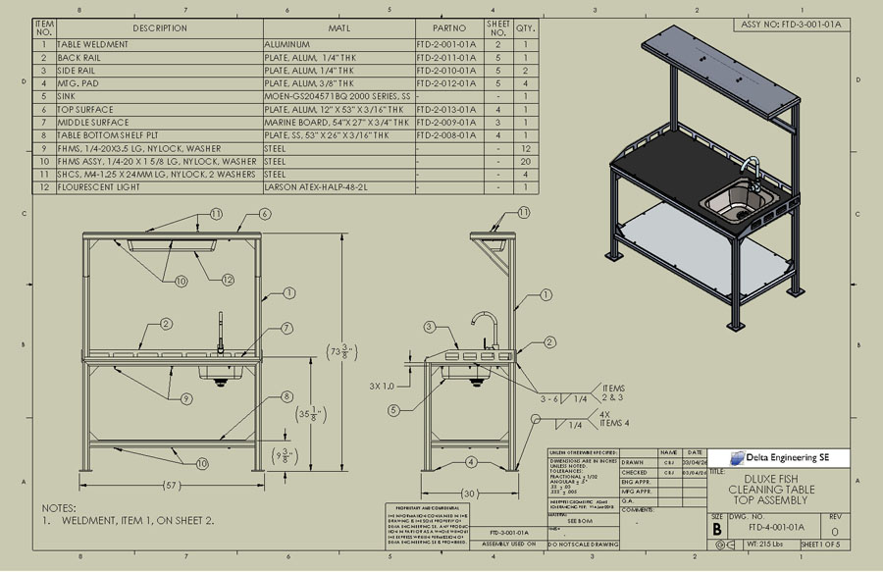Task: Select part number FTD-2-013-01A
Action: click(446, 110)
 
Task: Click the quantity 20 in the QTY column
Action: click(526, 161)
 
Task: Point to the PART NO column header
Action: click(448, 28)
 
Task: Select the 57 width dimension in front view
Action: click(172, 487)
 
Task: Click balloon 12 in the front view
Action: click(228, 280)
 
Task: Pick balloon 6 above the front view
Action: click(265, 214)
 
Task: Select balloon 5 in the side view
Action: click(393, 410)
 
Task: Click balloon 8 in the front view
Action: click(287, 397)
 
